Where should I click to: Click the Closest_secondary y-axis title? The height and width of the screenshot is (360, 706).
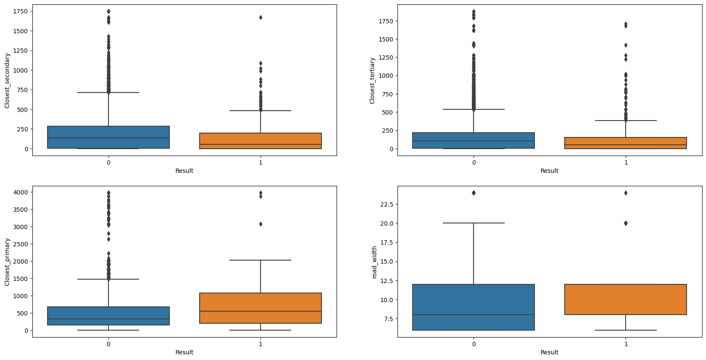[x=7, y=80]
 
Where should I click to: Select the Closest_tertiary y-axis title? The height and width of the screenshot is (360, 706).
[x=372, y=80]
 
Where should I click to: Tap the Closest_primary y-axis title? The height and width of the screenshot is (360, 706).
[x=7, y=262]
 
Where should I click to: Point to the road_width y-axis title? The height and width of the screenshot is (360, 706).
[x=374, y=262]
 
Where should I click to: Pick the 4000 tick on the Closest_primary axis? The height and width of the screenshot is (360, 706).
[x=20, y=192]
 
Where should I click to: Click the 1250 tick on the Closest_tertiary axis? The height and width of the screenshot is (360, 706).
[x=383, y=57]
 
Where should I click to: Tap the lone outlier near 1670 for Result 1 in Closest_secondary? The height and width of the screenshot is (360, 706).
[x=261, y=17]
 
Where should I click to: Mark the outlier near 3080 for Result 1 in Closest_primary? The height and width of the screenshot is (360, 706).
[x=261, y=224]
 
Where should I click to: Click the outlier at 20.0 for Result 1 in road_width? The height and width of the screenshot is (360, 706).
[x=626, y=223]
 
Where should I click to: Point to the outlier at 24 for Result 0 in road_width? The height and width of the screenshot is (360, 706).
[x=474, y=193]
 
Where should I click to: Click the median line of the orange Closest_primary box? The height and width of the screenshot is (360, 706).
[x=261, y=311]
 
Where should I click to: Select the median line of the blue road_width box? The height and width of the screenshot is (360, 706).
[x=474, y=315]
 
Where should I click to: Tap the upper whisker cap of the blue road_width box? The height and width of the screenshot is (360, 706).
[x=474, y=223]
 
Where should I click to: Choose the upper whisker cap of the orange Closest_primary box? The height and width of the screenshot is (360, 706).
[x=261, y=260]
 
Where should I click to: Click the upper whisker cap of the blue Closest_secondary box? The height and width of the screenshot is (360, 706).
[x=108, y=92]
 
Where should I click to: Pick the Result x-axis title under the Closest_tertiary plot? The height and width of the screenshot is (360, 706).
[x=549, y=171]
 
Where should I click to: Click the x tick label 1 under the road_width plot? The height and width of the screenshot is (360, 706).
[x=626, y=344]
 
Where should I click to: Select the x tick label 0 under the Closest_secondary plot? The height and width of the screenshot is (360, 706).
[x=108, y=162]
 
